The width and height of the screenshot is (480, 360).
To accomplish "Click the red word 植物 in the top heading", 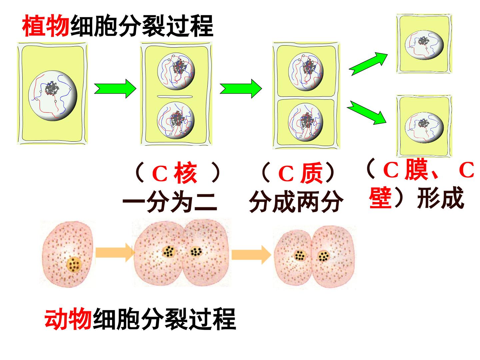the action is pos(46,26).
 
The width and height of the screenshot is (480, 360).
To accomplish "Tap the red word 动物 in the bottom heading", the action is pos(68,319).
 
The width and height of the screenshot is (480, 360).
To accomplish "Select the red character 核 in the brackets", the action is pos(185,173).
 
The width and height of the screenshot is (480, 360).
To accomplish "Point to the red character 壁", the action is pos(380,197).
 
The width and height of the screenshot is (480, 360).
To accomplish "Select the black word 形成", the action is pos(440,197).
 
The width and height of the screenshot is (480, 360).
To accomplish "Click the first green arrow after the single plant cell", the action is pos(115,89).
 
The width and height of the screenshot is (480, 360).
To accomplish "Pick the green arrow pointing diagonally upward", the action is pos(368,64).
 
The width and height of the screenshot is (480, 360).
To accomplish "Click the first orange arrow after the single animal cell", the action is pos(115,252).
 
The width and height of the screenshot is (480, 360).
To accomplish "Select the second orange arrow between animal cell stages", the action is pos(251,255).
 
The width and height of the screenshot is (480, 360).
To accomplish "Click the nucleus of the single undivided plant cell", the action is pos(53,96).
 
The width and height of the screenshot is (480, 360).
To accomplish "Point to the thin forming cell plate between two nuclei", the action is pos(175,96).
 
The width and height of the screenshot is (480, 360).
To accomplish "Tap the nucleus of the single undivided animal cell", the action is pos(74,265).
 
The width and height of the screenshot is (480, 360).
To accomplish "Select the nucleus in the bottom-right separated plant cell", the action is pos(424,127).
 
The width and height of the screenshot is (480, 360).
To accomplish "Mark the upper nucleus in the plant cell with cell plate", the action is pos(176,71).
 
